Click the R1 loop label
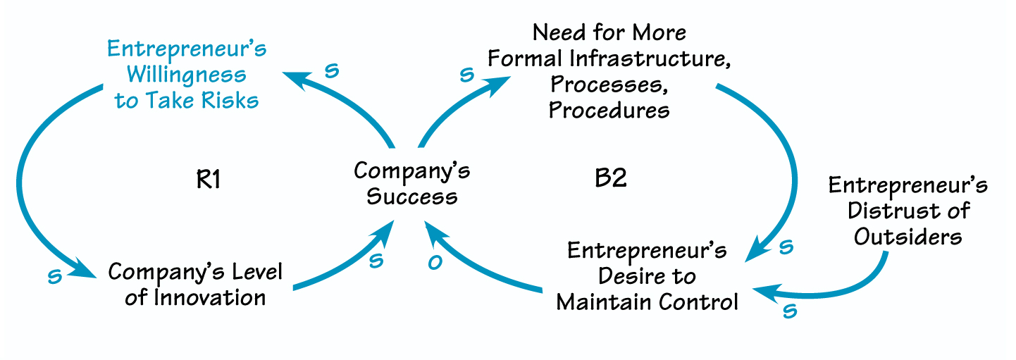click(x=208, y=180)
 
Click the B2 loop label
click(x=610, y=178)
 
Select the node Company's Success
click(x=411, y=182)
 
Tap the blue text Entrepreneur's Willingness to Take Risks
click(x=187, y=75)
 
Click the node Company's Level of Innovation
click(x=195, y=284)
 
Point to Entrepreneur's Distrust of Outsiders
click(x=907, y=211)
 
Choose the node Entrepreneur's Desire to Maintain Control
click(x=647, y=276)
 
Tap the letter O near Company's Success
click(x=435, y=262)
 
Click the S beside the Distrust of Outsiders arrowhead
click(x=789, y=311)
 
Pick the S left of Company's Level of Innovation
click(x=54, y=276)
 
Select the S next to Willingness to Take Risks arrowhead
click(x=332, y=70)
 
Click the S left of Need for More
click(x=466, y=75)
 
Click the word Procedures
click(x=609, y=110)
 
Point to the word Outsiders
click(x=907, y=236)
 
